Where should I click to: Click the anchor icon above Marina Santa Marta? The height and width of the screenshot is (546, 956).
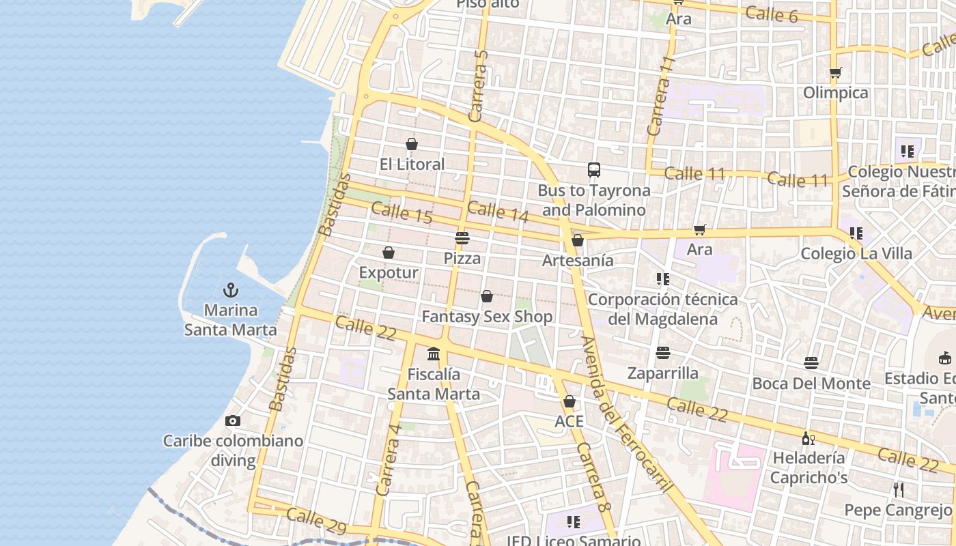coord(231,289)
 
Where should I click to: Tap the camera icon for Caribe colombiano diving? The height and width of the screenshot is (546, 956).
coord(233,420)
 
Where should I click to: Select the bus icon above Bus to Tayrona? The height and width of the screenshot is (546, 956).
coord(594,170)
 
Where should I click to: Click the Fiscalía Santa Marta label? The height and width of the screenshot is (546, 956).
coord(434,384)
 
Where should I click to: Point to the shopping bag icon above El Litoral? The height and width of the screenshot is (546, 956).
coord(412,144)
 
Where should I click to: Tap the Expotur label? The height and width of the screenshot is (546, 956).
coord(389,273)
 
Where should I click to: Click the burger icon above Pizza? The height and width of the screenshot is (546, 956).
coord(462,238)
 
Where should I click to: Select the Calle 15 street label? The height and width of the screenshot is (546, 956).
coord(402,213)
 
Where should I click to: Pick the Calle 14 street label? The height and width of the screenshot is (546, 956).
coord(498,212)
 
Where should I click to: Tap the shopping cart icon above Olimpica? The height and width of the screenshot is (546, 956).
coord(835,72)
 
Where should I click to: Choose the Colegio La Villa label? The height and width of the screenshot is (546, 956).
coord(856,254)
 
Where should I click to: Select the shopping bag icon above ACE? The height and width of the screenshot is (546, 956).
coord(570,401)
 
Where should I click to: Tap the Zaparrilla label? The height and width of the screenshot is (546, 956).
coord(663,373)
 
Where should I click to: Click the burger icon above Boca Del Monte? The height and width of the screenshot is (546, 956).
coord(811,362)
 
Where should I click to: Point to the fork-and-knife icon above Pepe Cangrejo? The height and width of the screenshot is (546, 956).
coord(899,489)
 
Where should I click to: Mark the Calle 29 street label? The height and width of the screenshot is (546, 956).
coord(317,520)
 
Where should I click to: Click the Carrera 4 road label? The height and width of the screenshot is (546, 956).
coord(388,459)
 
